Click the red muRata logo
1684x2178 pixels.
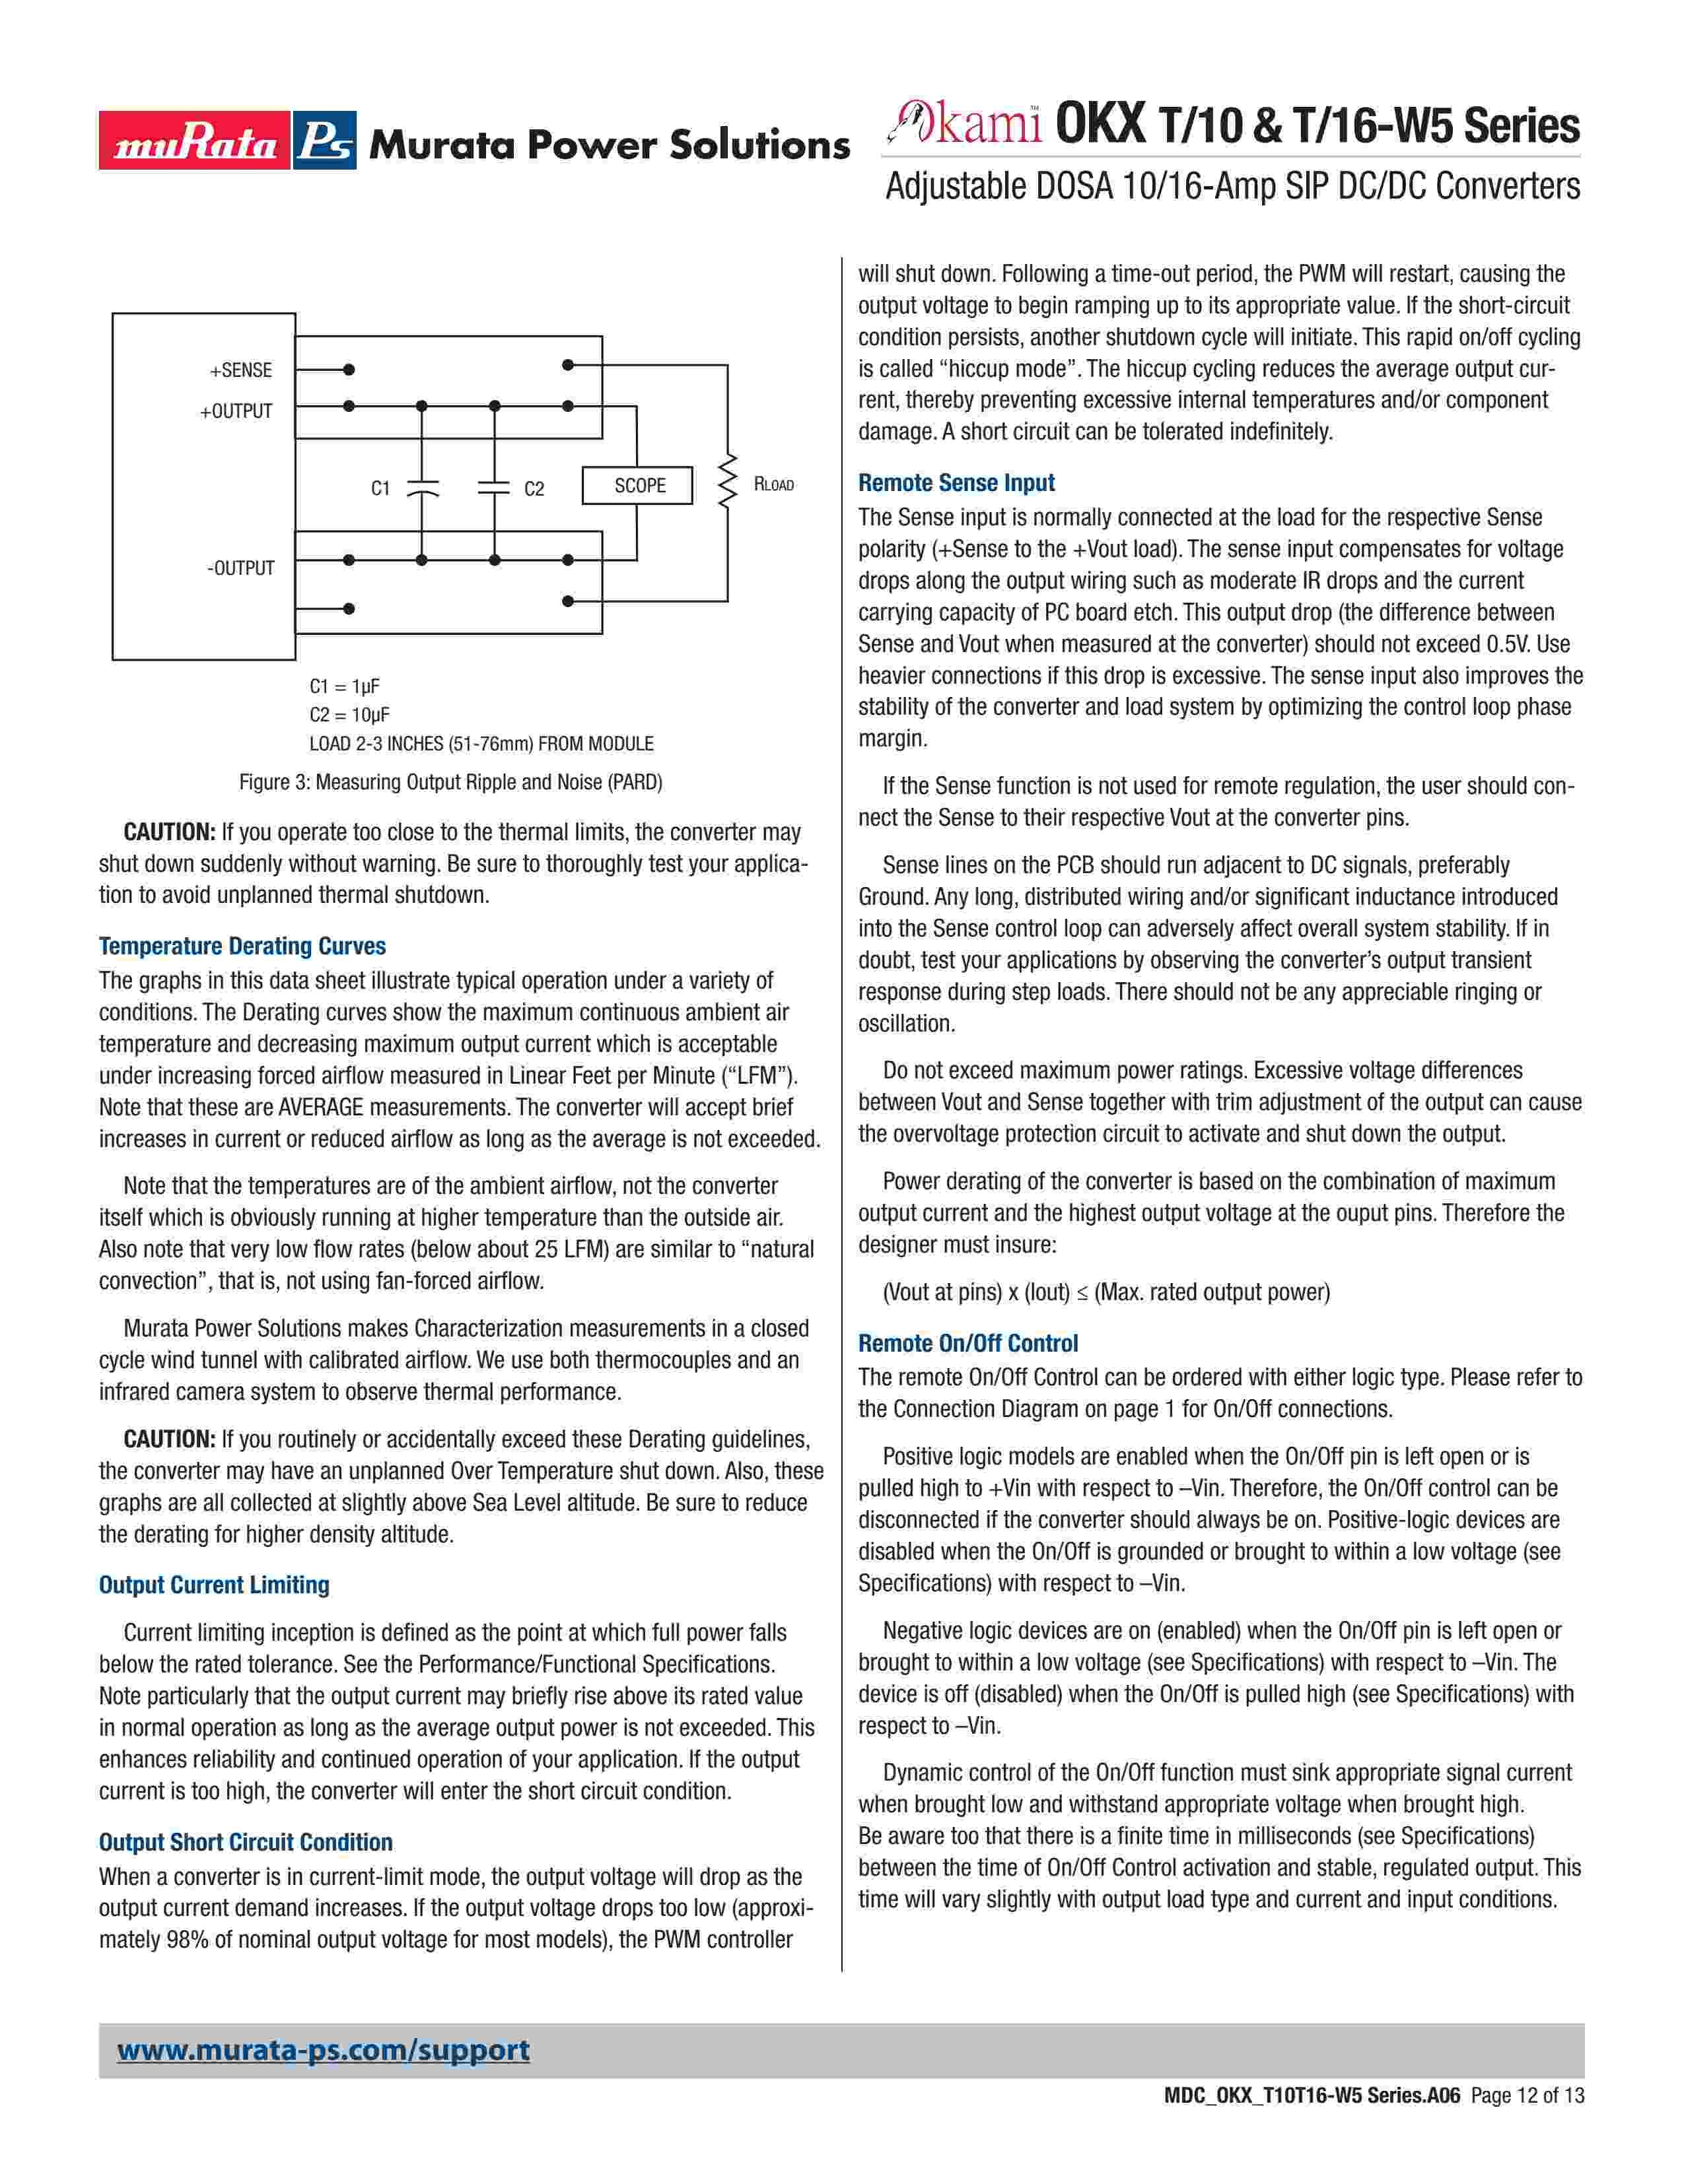195,141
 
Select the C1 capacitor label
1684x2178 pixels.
380,488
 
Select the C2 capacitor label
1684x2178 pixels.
535,488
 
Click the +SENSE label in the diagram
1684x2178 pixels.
240,370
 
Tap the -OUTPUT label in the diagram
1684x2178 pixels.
240,568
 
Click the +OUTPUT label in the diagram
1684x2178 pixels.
236,411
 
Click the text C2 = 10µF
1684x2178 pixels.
349,715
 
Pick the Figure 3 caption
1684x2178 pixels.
450,782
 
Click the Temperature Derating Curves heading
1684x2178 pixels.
242,945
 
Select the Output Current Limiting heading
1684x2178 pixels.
213,1585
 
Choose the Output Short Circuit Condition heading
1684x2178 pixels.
246,1842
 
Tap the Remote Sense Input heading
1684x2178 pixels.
956,482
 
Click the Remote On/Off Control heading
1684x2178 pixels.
967,1343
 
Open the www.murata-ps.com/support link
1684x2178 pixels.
323,2051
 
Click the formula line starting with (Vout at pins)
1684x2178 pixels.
1105,1292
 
